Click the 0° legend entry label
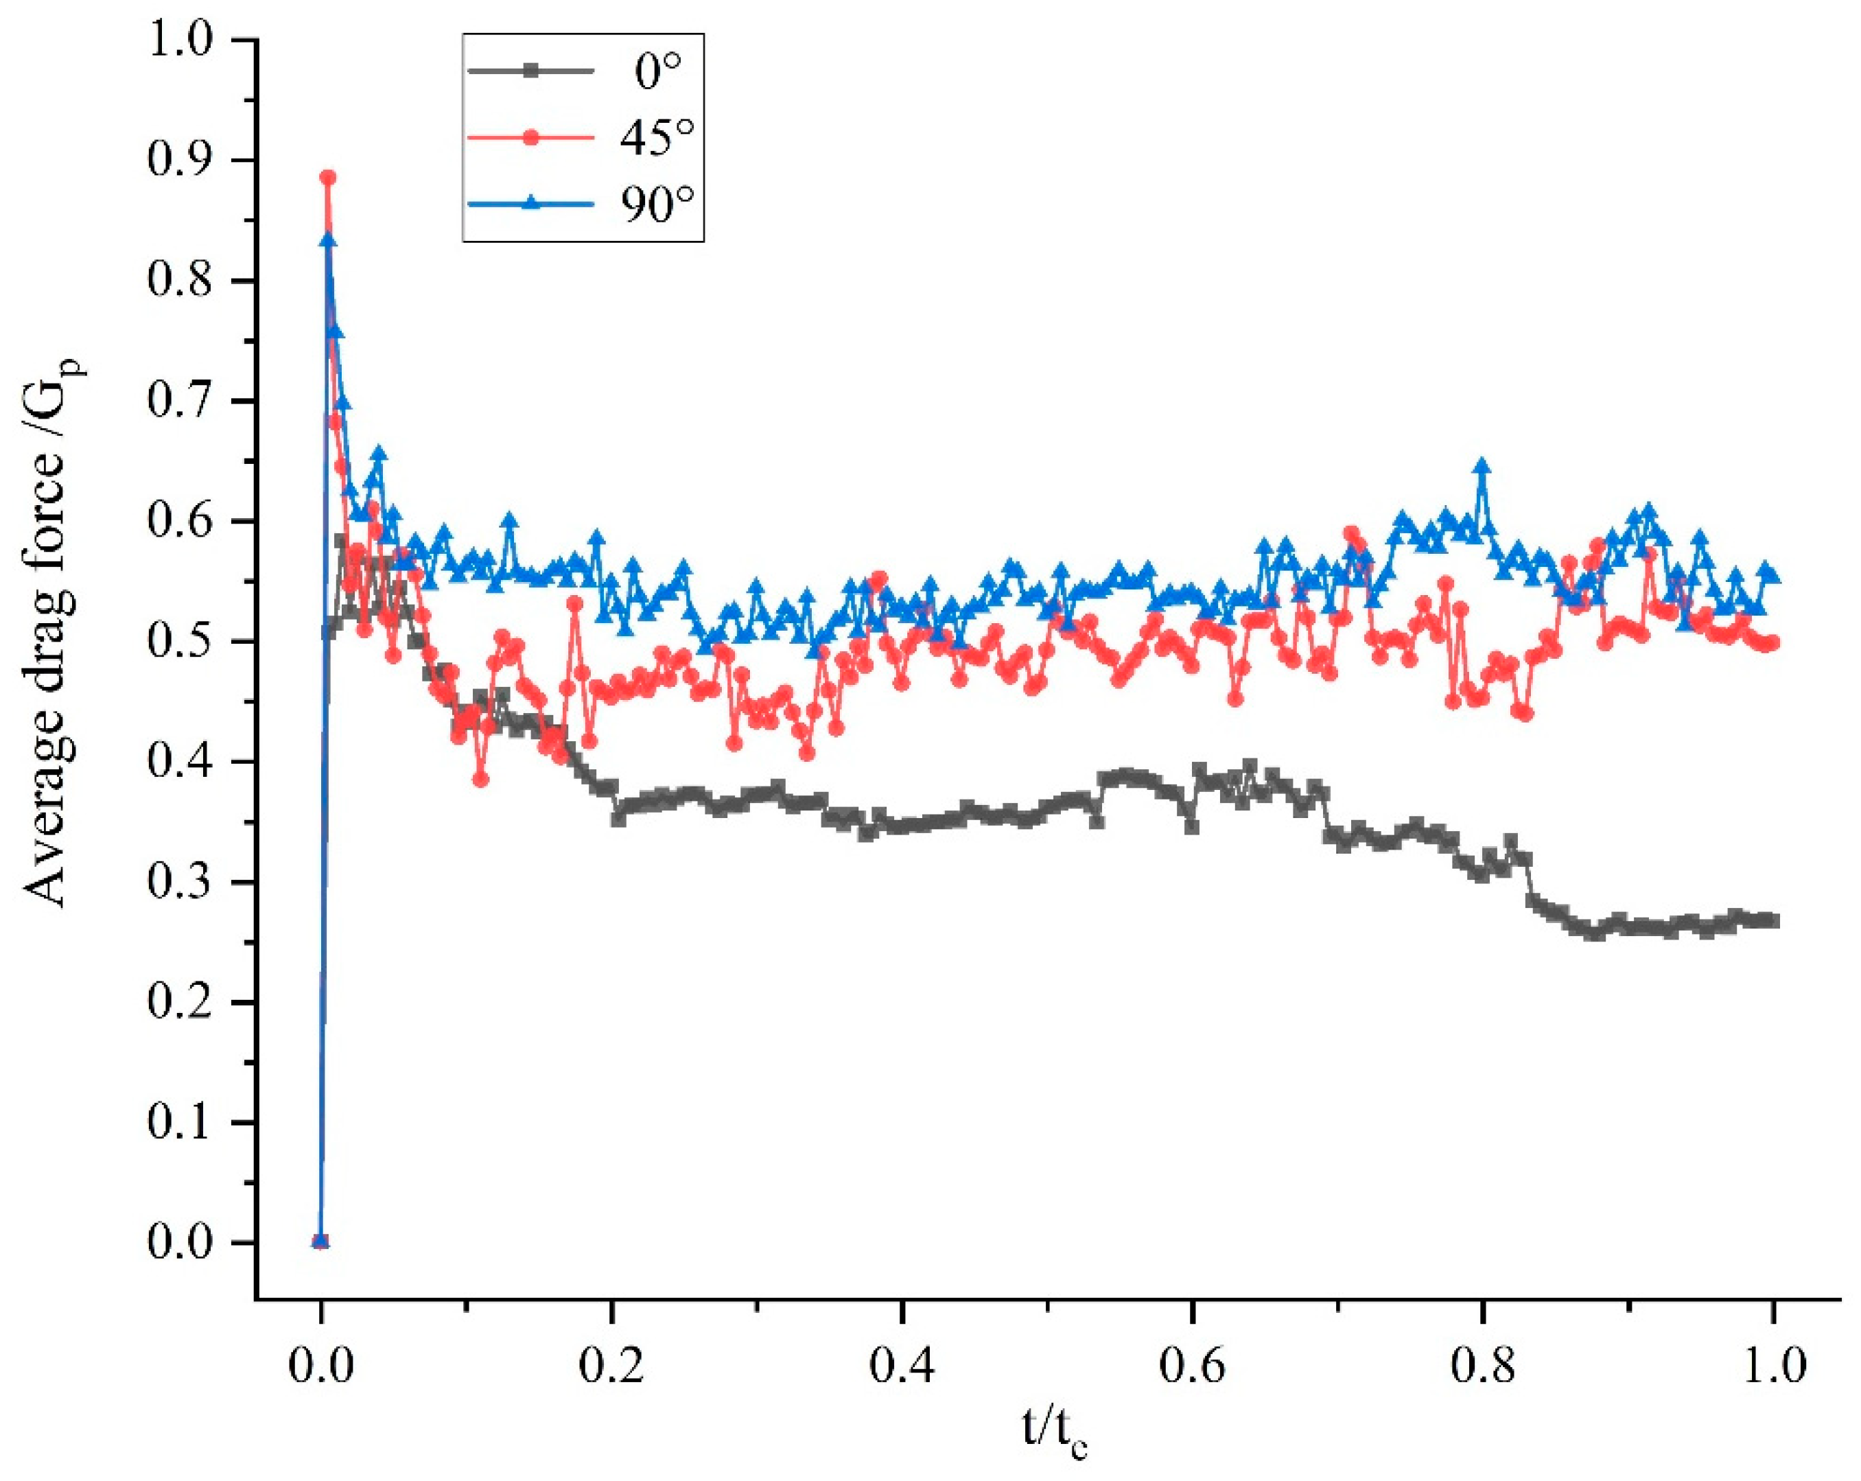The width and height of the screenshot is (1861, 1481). pyautogui.click(x=658, y=71)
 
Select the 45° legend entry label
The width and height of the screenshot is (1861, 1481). pyautogui.click(x=657, y=137)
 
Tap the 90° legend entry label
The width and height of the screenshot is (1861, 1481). pyautogui.click(x=657, y=204)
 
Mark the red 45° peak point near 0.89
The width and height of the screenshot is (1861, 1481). pyautogui.click(x=328, y=178)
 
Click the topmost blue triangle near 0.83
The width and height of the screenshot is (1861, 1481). pyautogui.click(x=328, y=241)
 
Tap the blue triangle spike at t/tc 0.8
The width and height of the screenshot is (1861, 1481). pyautogui.click(x=1483, y=466)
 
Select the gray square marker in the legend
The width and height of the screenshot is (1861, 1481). pyautogui.click(x=531, y=71)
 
